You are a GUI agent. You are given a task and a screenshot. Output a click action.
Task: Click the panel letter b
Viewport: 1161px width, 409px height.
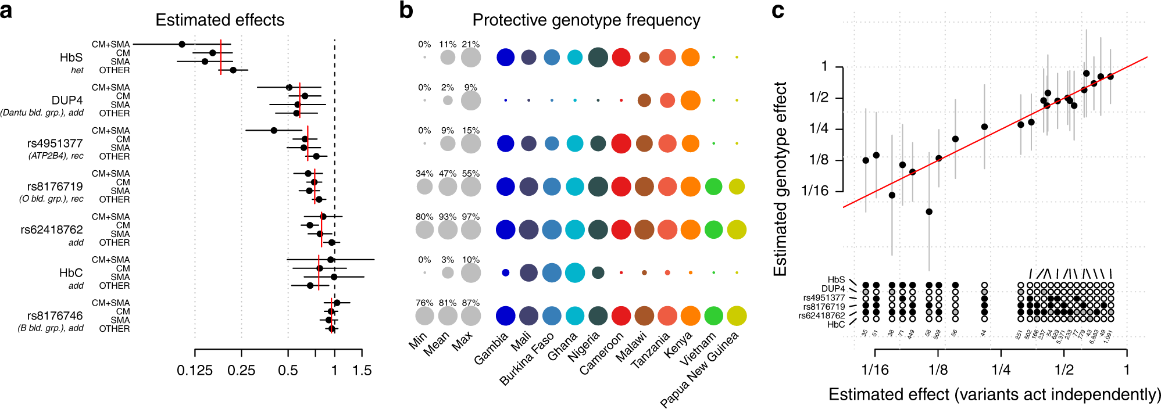[x=406, y=10]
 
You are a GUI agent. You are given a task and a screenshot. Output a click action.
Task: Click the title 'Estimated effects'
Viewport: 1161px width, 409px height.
[x=220, y=20]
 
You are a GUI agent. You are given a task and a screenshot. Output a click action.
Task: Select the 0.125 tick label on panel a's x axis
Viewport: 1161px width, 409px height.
[x=194, y=371]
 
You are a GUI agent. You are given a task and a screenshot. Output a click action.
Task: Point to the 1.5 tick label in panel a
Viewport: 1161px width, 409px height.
[x=362, y=371]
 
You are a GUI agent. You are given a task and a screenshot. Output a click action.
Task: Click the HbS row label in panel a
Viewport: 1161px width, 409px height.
[x=71, y=58]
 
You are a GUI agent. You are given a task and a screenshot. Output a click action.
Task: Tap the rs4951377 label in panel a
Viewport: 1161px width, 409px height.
[x=55, y=143]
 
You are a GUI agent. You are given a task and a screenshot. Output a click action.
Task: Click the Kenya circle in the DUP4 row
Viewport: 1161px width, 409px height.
[x=690, y=101]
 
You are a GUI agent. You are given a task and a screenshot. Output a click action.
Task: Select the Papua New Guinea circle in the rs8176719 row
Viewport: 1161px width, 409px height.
[x=737, y=186]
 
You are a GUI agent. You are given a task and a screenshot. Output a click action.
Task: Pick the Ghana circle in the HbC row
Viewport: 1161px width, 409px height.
[x=574, y=272]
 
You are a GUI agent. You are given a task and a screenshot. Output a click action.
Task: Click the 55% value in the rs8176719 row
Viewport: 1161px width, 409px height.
[x=471, y=174]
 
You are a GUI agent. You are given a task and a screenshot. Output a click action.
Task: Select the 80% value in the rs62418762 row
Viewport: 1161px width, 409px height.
[x=424, y=217]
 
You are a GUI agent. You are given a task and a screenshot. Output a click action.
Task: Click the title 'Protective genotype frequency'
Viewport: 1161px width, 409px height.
[x=586, y=20]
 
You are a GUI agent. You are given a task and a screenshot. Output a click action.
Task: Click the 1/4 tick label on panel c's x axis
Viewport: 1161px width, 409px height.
[x=1001, y=369]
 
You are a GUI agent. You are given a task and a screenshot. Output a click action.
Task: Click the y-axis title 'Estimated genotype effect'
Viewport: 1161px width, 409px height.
[x=780, y=179]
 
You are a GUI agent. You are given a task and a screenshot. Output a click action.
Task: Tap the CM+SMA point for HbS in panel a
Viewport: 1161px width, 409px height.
[x=182, y=44]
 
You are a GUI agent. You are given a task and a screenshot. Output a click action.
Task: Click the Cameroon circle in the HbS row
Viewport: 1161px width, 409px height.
[x=621, y=58]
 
